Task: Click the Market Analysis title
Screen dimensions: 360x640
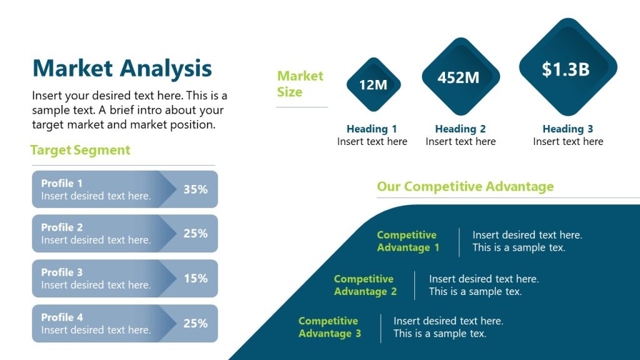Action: (122, 68)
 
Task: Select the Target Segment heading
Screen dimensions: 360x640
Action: (80, 150)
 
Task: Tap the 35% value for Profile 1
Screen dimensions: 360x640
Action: (196, 189)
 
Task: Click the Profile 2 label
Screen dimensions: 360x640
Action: (62, 227)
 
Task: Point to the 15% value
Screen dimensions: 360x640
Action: (196, 278)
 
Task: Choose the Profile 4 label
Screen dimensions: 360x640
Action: (62, 317)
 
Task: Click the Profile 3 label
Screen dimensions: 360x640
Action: (62, 272)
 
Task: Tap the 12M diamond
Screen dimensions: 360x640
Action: (373, 85)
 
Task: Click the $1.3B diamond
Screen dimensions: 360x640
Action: (566, 69)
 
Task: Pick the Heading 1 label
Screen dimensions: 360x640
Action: (372, 129)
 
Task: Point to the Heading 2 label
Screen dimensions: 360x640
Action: (461, 129)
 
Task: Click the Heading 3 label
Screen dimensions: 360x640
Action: (568, 129)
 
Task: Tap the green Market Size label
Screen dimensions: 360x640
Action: (300, 84)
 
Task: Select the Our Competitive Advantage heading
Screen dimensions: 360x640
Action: (465, 186)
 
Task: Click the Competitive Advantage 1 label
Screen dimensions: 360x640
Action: (407, 241)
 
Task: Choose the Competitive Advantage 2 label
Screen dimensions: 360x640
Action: (364, 285)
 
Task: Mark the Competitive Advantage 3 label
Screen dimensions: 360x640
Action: (329, 327)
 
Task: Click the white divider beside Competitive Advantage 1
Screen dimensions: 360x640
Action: (459, 242)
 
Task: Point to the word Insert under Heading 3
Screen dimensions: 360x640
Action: (547, 142)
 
